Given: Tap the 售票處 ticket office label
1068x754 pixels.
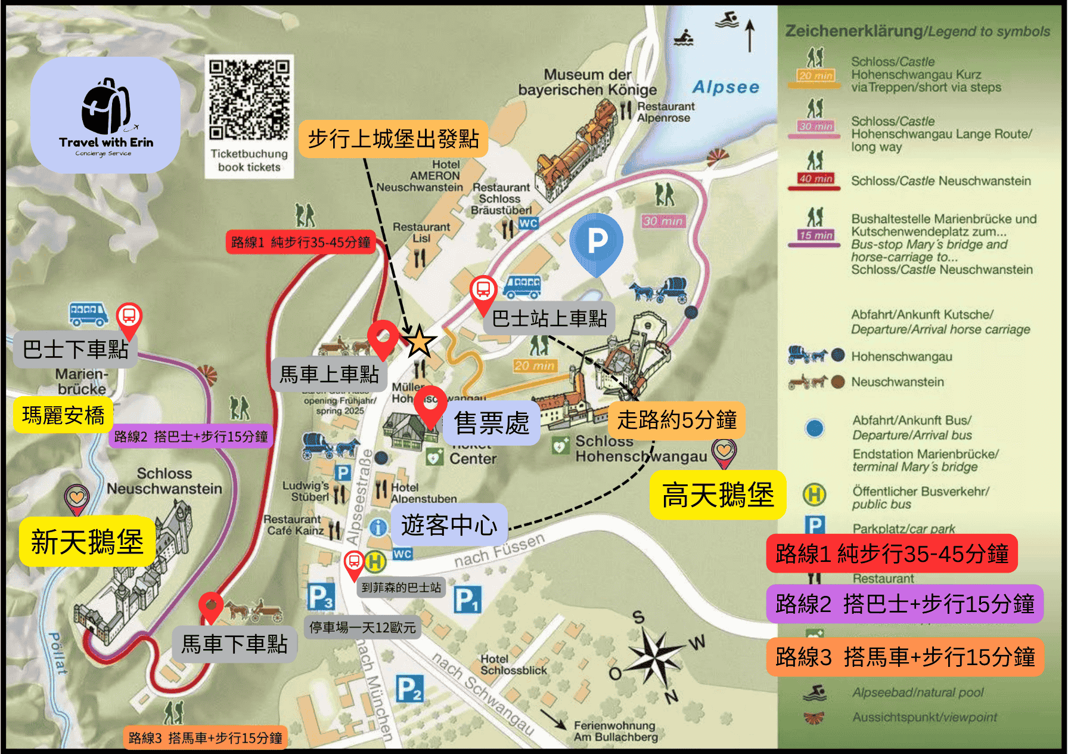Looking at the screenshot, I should coord(491,423).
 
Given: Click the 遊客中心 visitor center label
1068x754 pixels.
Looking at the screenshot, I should coord(449,525).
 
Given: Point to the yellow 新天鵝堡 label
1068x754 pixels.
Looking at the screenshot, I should coord(87,541).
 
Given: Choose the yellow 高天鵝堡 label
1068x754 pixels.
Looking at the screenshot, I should coord(718,495).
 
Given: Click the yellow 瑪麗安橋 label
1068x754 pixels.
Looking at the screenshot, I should coord(63,415).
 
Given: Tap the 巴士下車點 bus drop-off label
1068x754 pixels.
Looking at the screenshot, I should coord(75,349).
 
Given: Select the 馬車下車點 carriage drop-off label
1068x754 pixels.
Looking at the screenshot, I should coord(234,644).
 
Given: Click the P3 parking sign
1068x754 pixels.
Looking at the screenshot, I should coord(320,596).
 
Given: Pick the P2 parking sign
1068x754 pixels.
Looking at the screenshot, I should coord(409,688).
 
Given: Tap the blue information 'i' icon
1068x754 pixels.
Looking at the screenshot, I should coord(378,527).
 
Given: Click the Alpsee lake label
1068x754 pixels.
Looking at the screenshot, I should coord(725,87).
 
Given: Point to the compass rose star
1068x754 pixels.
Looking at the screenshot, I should coord(654,656).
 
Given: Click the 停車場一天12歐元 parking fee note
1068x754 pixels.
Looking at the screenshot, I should coord(362,627).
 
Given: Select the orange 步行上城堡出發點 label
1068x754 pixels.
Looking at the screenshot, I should coord(393,139).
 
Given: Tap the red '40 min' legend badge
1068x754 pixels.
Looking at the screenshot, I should coord(816,179).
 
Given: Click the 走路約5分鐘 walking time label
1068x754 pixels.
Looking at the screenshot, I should coord(676,419).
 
